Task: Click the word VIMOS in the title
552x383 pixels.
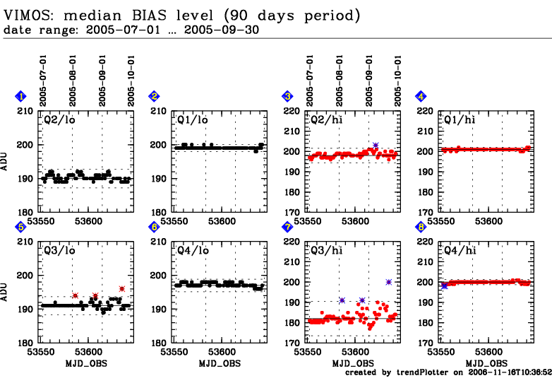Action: (30, 14)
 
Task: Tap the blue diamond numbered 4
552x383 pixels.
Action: (421, 96)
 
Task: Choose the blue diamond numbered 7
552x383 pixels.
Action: (287, 227)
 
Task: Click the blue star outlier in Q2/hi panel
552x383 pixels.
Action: (376, 145)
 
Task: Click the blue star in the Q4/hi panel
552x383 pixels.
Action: (444, 285)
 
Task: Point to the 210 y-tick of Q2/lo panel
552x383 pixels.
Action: (25, 111)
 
